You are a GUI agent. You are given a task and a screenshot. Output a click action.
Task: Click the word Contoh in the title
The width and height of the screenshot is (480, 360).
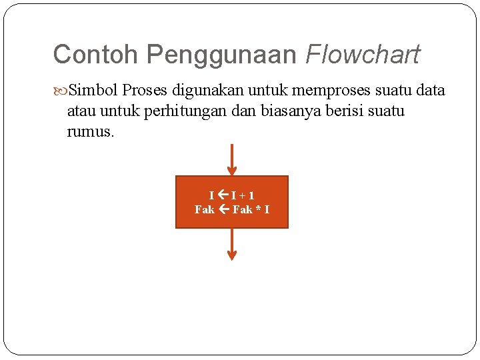(x=97, y=55)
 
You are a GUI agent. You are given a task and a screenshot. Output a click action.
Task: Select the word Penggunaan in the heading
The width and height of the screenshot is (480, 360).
(x=221, y=55)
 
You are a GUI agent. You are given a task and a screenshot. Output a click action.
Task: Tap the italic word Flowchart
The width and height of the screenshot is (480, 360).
(x=363, y=55)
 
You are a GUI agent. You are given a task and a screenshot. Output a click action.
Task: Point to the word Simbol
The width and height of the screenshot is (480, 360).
(x=93, y=90)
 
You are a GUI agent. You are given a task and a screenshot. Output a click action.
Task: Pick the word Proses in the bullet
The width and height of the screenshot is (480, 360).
(x=149, y=90)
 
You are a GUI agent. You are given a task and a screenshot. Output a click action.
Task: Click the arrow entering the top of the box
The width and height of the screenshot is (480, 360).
(x=232, y=159)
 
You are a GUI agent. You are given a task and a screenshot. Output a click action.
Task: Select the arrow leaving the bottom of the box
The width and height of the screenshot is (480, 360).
(x=232, y=244)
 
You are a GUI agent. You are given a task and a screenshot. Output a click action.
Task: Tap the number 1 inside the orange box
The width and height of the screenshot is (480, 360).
(x=251, y=195)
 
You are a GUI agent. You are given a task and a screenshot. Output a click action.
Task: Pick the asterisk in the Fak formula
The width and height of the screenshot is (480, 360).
(x=257, y=210)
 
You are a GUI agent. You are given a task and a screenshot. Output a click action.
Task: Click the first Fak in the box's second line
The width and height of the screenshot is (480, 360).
(x=204, y=210)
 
